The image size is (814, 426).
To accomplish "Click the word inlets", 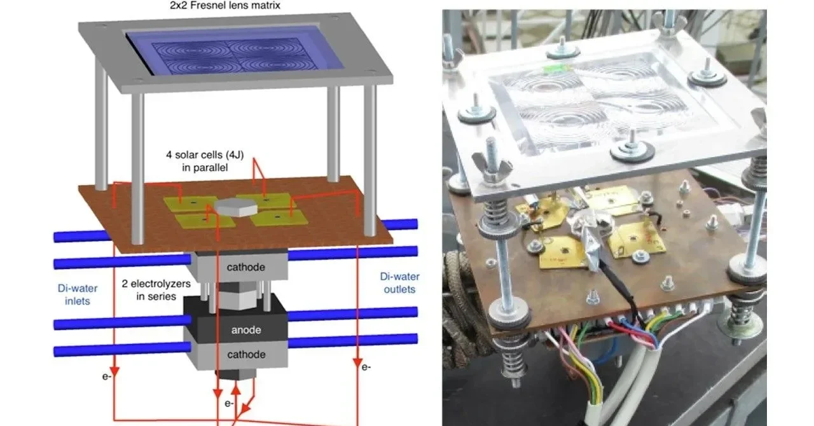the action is (78, 301).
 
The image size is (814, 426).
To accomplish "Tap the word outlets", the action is (399, 289).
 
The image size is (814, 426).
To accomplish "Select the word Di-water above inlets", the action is (78, 288).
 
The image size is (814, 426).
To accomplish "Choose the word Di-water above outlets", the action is (400, 277).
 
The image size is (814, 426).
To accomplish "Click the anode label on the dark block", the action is (246, 330).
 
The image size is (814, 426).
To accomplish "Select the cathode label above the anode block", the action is (245, 267).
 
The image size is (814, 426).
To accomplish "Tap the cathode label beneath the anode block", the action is (246, 354).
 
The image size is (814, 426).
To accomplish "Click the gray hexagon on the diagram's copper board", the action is (235, 207).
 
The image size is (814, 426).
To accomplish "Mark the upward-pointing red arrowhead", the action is (236, 391).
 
